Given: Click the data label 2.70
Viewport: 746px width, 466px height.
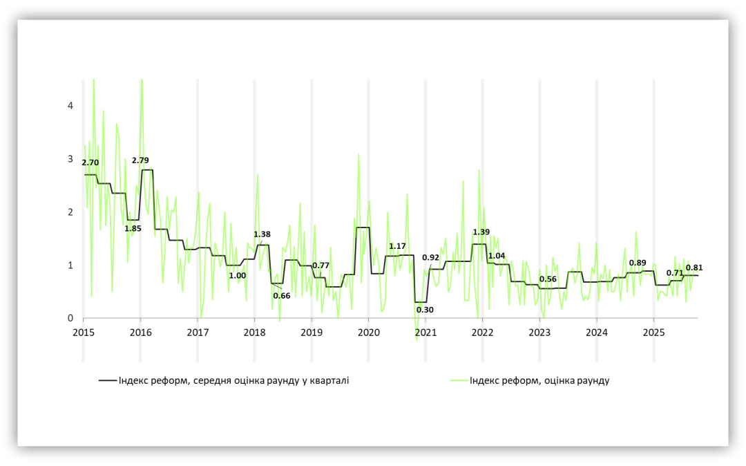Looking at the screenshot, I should click(x=90, y=162).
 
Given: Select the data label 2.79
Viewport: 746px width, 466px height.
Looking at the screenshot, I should click(x=140, y=160).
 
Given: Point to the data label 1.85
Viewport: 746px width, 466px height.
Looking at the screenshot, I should click(x=133, y=228).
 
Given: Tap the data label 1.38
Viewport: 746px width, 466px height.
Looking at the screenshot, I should click(x=262, y=234).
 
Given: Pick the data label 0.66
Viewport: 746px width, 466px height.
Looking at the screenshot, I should click(x=282, y=296).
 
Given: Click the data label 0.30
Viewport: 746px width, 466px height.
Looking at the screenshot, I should click(x=425, y=310).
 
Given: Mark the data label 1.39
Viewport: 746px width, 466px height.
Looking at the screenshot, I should click(x=481, y=232).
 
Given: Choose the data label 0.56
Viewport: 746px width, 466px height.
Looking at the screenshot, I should click(x=548, y=279).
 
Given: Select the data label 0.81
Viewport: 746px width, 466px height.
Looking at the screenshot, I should click(x=694, y=268).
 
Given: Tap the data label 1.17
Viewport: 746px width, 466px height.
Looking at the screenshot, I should click(x=397, y=246).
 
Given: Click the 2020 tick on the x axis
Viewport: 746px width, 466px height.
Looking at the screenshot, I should click(x=368, y=333).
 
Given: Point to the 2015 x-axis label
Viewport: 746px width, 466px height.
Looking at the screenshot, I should click(x=83, y=333).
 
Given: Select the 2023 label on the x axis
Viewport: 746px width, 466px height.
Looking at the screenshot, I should click(x=539, y=333).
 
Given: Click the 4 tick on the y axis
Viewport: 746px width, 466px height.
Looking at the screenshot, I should click(x=70, y=106).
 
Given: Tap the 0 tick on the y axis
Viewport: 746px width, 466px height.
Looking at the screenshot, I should click(x=70, y=319).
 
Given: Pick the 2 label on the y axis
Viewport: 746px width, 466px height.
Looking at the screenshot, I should click(x=70, y=212).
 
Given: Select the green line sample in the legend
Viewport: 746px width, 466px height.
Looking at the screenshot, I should click(x=457, y=380).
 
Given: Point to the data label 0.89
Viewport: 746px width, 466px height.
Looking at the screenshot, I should click(x=638, y=263).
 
